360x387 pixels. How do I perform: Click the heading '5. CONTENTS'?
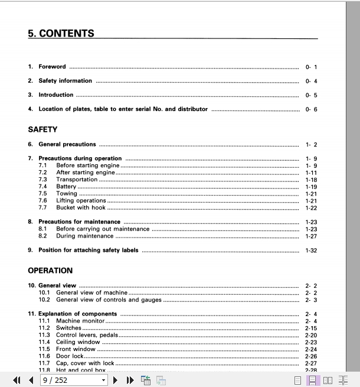[x=61, y=34]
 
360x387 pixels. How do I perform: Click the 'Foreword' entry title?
[x=52, y=67]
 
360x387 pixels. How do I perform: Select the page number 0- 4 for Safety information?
[x=311, y=81]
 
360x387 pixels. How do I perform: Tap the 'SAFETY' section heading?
[x=42, y=129]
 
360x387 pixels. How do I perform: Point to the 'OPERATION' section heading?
[x=50, y=271]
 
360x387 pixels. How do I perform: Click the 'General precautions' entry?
[x=67, y=144]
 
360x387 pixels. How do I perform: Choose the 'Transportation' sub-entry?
[x=77, y=180]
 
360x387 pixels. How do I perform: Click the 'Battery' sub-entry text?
[x=66, y=187]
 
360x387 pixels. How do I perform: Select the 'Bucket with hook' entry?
[x=81, y=208]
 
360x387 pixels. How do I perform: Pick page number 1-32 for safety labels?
[x=311, y=251]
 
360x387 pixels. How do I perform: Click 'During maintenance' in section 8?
[x=82, y=236]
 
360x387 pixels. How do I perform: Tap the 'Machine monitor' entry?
[x=81, y=321]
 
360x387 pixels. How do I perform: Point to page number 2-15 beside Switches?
[x=311, y=328]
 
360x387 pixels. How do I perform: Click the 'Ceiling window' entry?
[x=78, y=342]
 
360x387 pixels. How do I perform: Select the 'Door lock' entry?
[x=70, y=356]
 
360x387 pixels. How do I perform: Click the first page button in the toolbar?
[x=17, y=380]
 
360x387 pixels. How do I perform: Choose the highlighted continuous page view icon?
[x=313, y=380]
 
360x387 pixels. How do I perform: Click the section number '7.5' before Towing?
[x=42, y=194]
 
